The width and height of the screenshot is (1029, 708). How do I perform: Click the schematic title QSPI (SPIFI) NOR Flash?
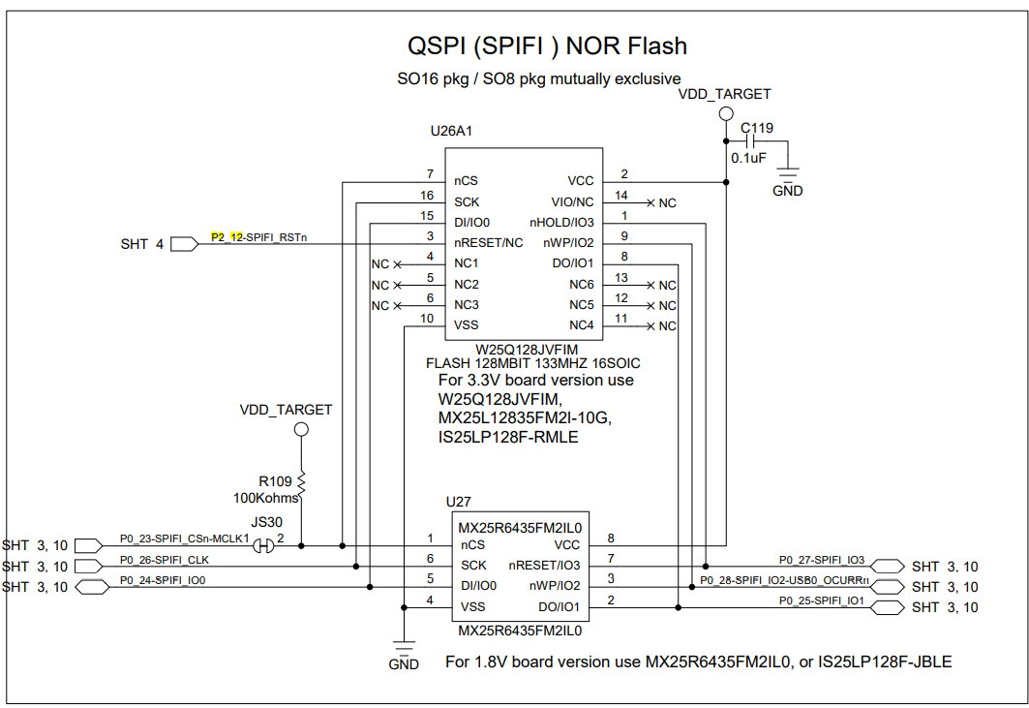pos(547,46)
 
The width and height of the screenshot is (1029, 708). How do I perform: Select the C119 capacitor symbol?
pos(756,141)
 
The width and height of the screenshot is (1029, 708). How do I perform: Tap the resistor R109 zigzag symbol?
pos(301,482)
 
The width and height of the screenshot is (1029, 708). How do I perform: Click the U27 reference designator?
pos(458,502)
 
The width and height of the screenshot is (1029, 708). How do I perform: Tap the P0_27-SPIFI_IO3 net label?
pos(822,560)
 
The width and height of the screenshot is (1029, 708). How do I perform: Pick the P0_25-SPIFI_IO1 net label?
pos(822,601)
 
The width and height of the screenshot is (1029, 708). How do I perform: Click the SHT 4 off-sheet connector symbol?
pos(184,244)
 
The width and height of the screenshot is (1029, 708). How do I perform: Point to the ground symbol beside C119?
pos(788,176)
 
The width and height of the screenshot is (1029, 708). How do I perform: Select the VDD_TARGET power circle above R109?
pos(301,428)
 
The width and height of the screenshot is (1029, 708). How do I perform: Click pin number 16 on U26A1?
pos(427,195)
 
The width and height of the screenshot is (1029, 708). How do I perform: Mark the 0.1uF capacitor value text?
pos(749,158)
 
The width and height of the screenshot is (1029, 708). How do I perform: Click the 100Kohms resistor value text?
pos(265,497)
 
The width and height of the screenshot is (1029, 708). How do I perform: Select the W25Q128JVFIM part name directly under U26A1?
pos(524,348)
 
